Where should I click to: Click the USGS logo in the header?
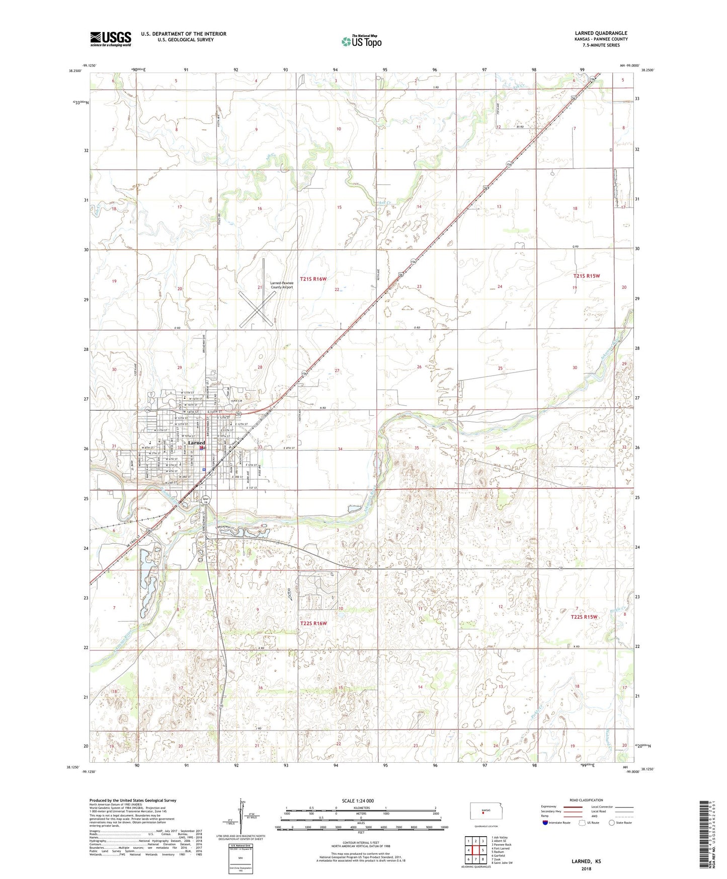110,38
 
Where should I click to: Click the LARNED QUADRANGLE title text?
601,33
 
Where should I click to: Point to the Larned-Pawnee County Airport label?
281,285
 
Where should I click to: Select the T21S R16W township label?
313,278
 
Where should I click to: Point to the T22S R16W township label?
313,623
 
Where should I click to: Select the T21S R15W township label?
587,276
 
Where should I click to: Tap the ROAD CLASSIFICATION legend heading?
587,800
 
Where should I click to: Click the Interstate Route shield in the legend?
546,823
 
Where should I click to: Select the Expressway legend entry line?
576,807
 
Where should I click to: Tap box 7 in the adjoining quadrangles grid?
468,859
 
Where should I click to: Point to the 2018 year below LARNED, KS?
586,868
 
